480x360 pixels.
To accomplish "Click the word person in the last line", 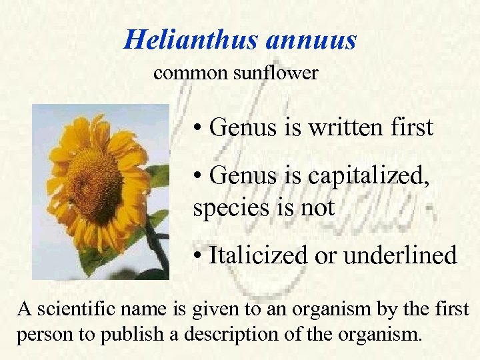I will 38,333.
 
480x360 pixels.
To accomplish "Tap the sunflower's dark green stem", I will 159,250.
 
